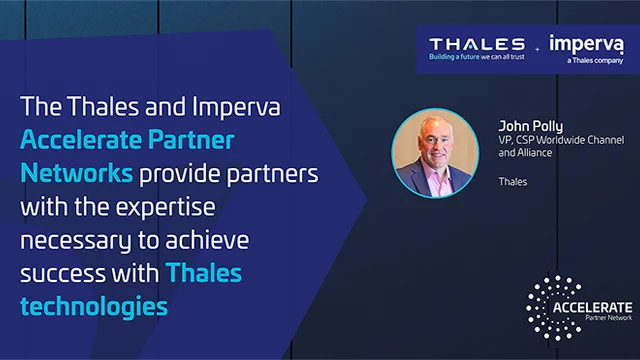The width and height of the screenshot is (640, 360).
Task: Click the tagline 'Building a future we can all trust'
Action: pyautogui.click(x=477, y=58)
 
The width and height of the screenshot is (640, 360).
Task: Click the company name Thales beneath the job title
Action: pyautogui.click(x=512, y=182)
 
